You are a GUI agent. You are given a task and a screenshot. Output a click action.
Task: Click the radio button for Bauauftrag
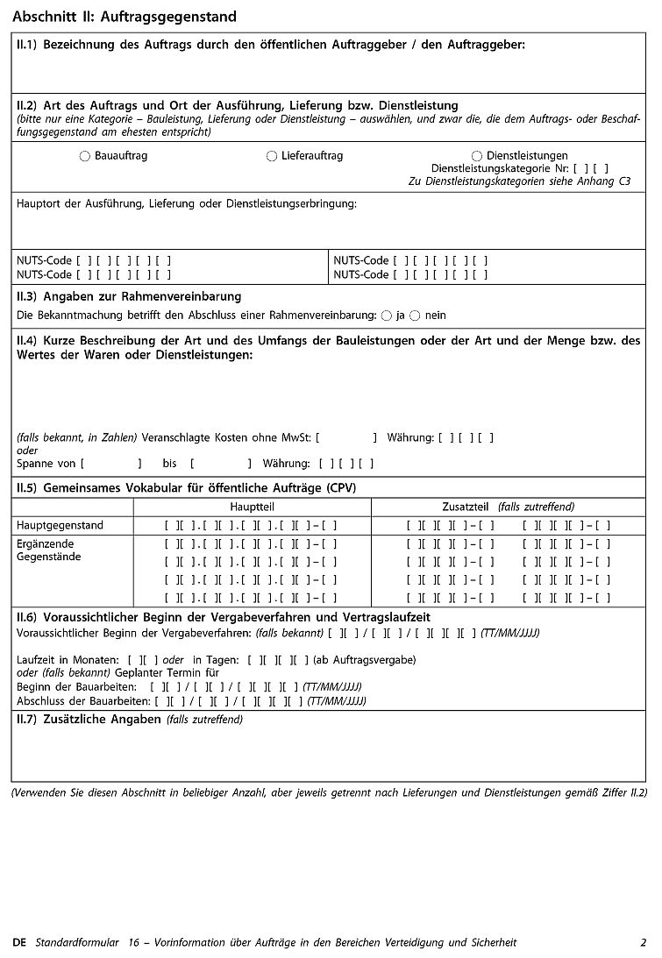click(84, 156)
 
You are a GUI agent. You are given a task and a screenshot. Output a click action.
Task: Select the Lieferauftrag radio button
click(271, 156)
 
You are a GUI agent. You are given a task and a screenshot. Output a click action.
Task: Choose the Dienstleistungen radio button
click(476, 156)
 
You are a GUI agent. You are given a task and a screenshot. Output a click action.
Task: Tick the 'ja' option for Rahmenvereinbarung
click(386, 315)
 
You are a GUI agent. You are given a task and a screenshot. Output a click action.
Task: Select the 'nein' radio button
click(415, 315)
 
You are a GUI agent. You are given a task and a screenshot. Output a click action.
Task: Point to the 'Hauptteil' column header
click(252, 507)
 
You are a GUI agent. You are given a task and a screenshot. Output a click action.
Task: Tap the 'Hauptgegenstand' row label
click(60, 525)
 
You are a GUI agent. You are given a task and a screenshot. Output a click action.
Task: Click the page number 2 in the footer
click(643, 943)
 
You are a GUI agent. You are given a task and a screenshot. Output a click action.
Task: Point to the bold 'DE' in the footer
click(20, 943)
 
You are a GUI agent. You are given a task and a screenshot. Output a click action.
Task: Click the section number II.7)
click(27, 720)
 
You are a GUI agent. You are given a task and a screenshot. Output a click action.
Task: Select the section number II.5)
click(27, 487)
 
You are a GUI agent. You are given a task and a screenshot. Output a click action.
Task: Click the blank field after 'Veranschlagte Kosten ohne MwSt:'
click(345, 437)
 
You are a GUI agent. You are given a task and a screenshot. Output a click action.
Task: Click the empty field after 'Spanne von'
click(110, 463)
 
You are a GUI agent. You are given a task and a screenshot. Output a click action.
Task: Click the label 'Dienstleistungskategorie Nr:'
click(499, 168)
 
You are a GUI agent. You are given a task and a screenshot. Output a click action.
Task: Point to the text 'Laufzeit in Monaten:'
click(68, 659)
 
